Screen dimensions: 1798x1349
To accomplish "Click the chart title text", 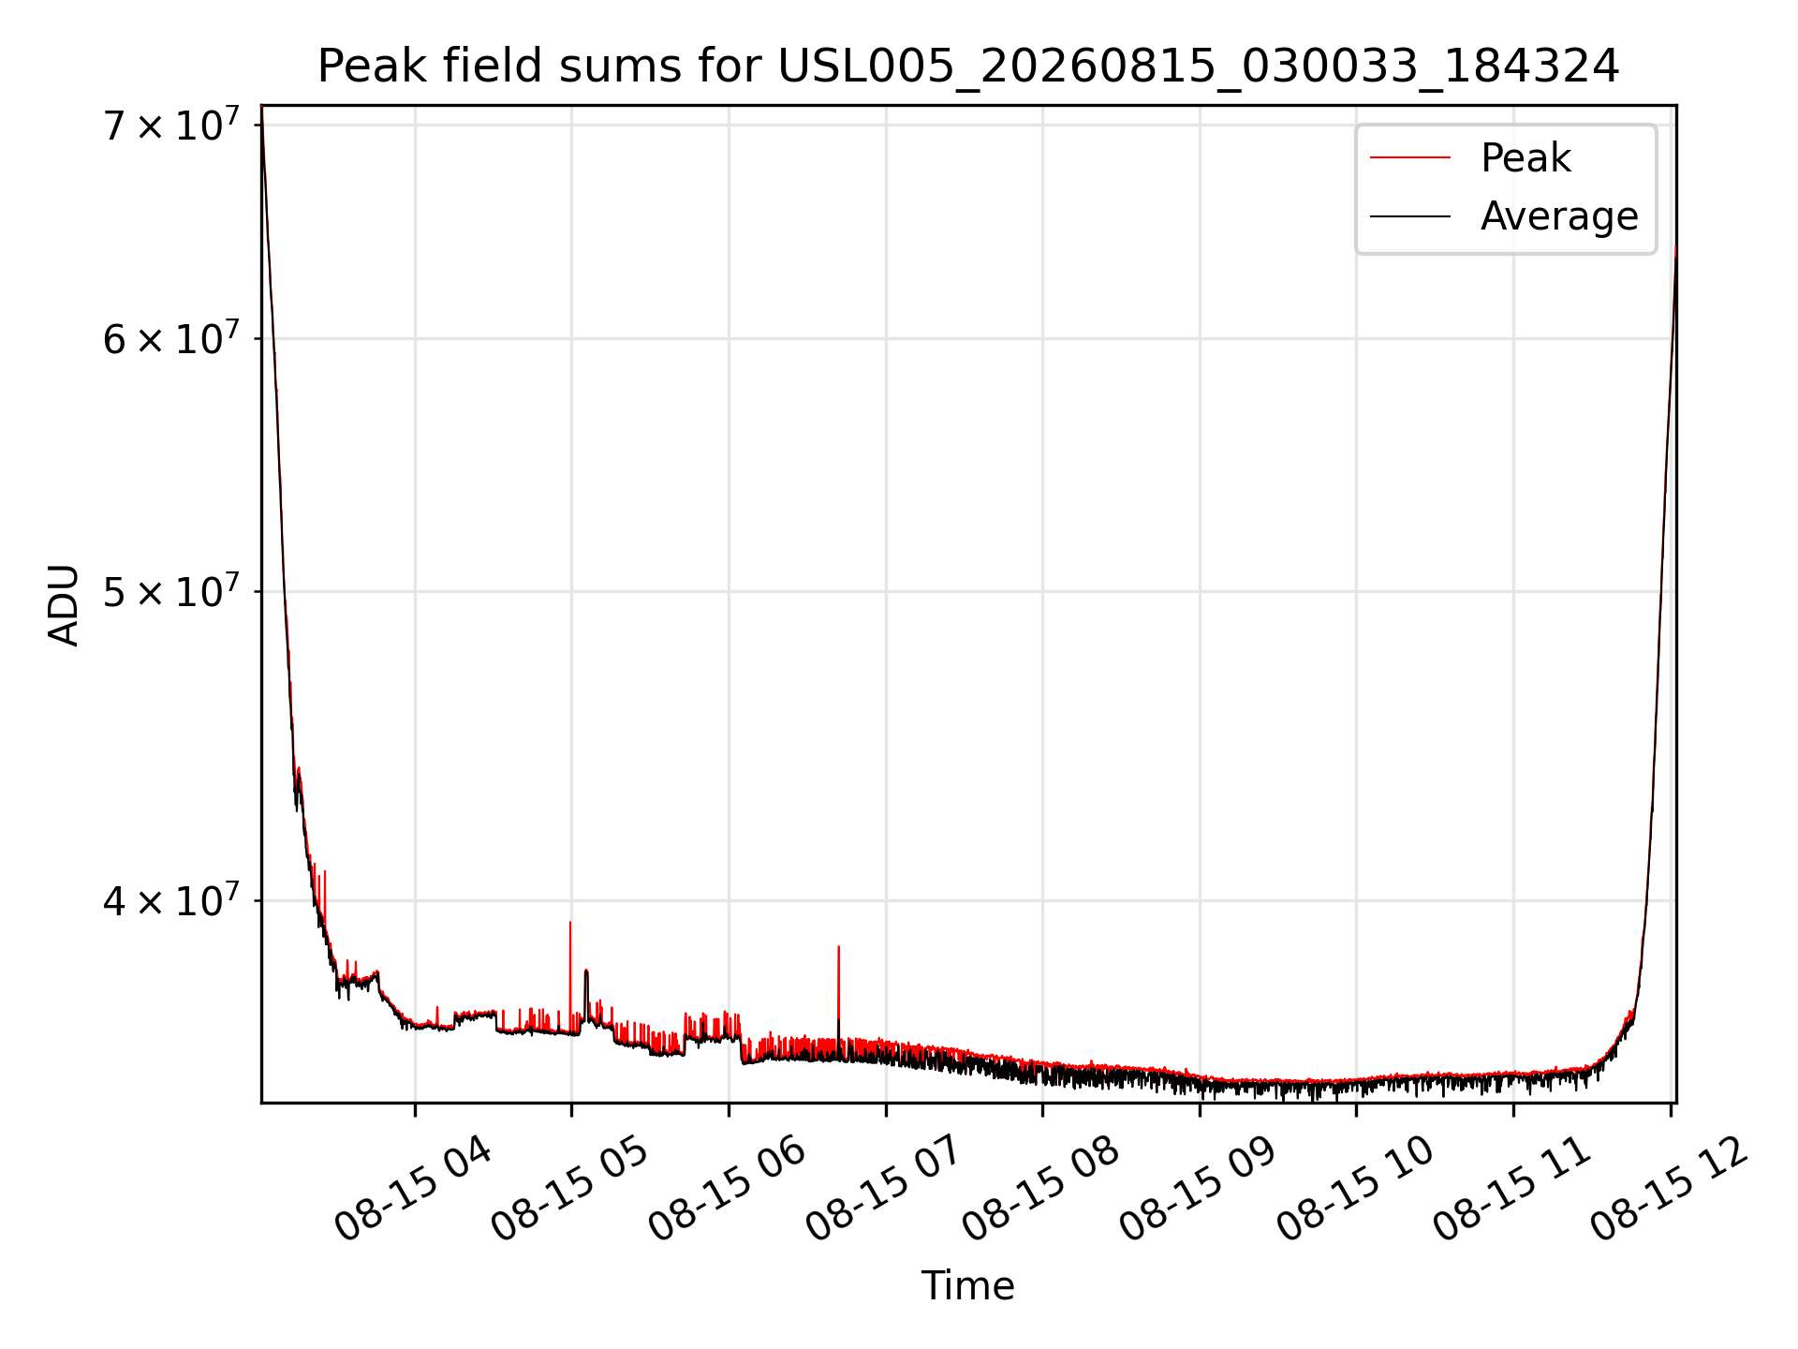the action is click(968, 67).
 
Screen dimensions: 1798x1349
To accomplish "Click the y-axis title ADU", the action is click(64, 604).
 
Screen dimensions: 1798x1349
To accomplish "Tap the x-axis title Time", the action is click(968, 1286).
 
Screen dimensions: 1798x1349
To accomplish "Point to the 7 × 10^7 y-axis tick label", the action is click(170, 125).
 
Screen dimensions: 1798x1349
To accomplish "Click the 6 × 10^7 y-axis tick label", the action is click(170, 338).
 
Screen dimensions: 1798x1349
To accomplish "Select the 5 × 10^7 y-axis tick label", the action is click(170, 591).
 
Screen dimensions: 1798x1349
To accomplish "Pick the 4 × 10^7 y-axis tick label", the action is click(170, 900).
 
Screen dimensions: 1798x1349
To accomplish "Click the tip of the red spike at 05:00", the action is click(570, 922).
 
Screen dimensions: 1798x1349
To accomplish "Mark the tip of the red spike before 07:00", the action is click(838, 946).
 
